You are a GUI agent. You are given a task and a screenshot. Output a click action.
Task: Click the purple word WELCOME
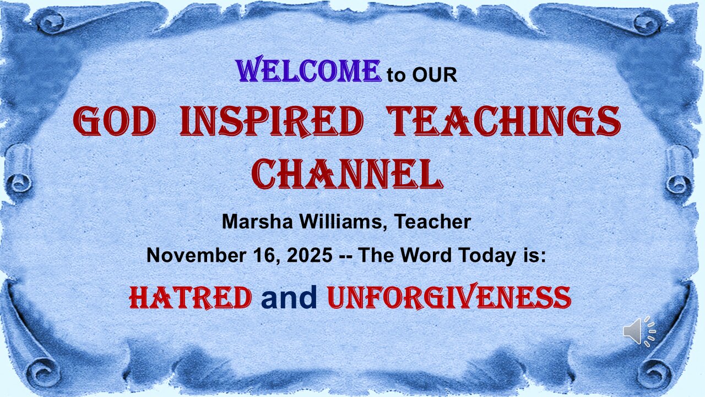coord(308,72)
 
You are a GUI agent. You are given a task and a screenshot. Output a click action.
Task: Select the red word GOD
coord(114,122)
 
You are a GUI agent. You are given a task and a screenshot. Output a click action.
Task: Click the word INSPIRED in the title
coord(272,122)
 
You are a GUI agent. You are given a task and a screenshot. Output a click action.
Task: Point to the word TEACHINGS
coord(503,122)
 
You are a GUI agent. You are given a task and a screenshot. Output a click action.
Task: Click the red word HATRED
coord(190,298)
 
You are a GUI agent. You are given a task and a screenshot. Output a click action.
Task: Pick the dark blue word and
coord(289,298)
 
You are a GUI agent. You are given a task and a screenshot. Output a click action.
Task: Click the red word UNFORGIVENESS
coord(449,298)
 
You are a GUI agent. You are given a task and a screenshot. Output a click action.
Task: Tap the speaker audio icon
coord(639,331)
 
